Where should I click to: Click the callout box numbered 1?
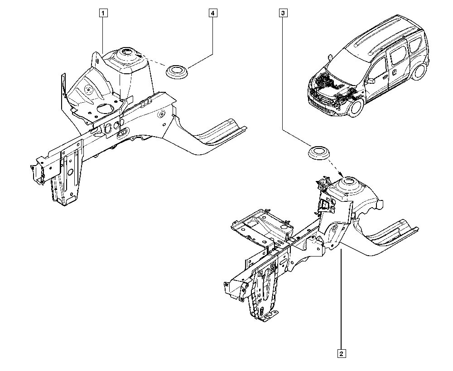coord(104,13)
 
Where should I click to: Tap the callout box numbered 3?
coord(283,13)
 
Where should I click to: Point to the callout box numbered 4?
coord(212,13)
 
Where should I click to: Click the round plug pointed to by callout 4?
coord(177,71)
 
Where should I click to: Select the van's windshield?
coord(351,61)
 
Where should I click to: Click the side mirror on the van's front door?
coord(371,81)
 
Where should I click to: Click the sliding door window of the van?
coord(398,54)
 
